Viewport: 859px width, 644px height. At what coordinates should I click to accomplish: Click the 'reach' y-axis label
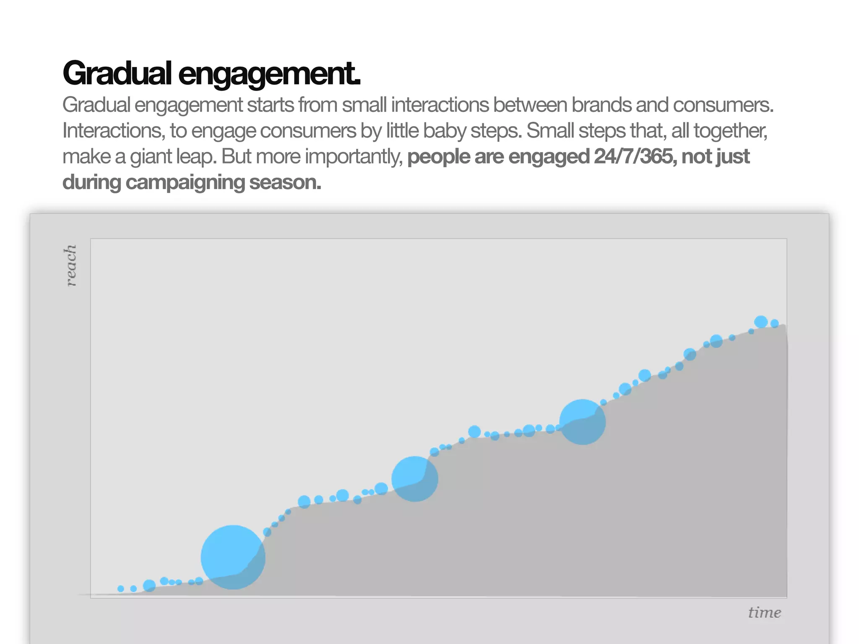71,265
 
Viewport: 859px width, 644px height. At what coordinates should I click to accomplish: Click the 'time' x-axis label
764,613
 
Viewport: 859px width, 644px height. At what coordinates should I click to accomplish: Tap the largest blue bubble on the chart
233,557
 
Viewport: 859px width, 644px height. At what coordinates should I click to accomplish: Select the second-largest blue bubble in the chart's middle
415,479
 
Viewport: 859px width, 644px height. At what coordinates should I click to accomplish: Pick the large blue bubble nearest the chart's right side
582,422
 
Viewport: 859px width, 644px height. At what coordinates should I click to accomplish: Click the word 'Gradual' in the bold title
117,73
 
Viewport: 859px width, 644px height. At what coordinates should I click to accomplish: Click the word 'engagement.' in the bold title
269,73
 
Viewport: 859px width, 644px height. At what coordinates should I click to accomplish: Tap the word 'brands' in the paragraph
601,105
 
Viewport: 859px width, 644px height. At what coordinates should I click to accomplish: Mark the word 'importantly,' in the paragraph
354,157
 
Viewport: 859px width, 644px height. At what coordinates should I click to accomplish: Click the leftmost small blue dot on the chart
121,589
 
